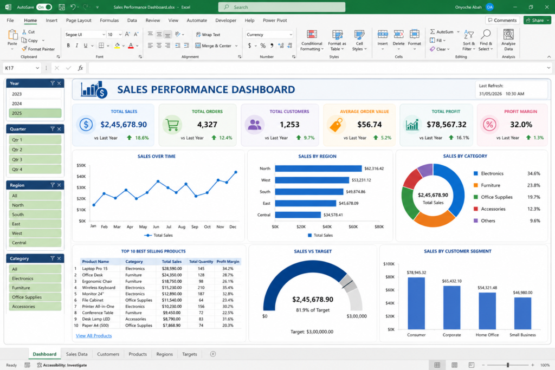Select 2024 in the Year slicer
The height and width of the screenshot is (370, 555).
point(35,103)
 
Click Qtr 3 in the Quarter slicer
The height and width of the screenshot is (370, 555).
point(35,159)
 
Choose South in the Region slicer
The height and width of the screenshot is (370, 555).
point(35,215)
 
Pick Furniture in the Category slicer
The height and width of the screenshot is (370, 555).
point(35,288)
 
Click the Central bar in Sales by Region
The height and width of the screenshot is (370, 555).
point(298,215)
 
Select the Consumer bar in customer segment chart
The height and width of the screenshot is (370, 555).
point(416,303)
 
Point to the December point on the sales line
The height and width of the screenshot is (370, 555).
point(236,172)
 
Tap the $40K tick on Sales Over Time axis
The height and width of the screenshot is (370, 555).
point(81,177)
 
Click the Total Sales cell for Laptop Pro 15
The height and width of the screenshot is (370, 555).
point(172,269)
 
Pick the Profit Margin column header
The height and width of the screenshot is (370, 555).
point(228,262)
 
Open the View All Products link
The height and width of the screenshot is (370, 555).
point(94,336)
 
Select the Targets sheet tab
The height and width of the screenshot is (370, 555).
point(189,354)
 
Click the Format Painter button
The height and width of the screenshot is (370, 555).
point(38,49)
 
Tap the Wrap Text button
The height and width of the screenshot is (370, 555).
point(208,35)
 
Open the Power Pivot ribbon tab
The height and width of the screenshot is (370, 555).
point(275,21)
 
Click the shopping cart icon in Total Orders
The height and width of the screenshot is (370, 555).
point(172,125)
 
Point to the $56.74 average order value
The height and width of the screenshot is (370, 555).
point(370,125)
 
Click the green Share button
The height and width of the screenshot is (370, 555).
point(537,20)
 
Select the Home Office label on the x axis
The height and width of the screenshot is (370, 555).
point(487,335)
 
